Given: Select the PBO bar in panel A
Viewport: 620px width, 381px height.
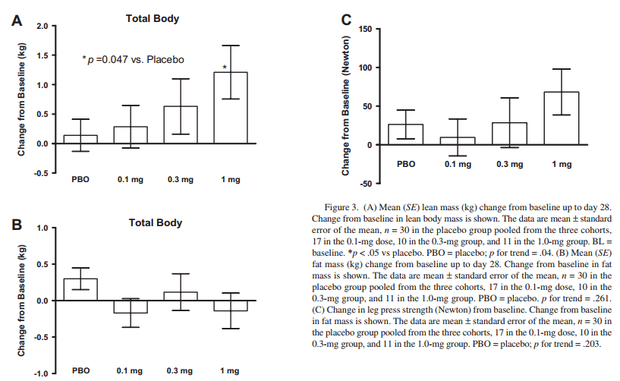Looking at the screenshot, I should click(81, 140).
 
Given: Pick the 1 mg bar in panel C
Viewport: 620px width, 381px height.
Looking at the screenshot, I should click(562, 118).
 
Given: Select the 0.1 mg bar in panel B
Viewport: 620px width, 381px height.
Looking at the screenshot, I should click(131, 307).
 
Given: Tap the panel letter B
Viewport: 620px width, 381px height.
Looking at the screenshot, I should click(16, 225).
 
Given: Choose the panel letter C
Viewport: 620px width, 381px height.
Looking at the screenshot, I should click(347, 20).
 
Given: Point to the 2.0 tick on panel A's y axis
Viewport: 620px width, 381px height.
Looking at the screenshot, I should click(42, 27).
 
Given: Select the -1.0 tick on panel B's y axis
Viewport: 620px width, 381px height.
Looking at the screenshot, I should click(39, 373).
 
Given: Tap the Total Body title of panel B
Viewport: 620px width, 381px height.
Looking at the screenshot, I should click(155, 222).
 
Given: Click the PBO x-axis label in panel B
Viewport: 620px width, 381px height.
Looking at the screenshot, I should click(81, 371).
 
